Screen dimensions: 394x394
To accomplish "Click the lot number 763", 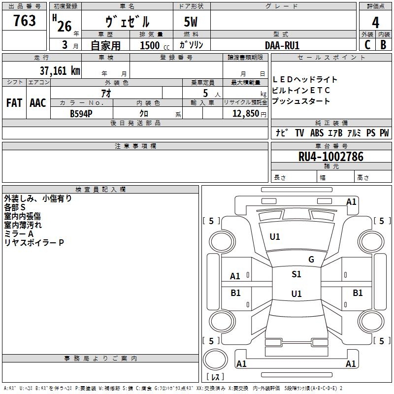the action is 24,20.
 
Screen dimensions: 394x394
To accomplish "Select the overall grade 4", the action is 375,23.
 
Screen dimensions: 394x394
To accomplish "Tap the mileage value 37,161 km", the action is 60,71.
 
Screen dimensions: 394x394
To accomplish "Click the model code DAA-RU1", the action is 282,45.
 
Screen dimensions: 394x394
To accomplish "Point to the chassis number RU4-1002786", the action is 331,157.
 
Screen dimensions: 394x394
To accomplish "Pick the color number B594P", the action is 81,114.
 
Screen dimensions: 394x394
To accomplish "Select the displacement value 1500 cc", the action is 155,45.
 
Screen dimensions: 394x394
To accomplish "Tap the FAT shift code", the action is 14,103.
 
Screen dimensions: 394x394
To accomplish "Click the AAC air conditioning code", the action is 38,103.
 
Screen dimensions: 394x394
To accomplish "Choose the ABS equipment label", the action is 317,133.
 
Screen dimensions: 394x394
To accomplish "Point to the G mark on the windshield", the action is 311,260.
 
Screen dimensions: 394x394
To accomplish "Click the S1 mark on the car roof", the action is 296,274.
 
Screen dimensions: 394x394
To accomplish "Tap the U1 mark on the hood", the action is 275,237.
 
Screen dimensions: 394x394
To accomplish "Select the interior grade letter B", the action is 383,45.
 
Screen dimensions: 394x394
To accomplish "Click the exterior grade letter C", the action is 367,45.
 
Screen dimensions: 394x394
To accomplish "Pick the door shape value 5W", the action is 191,22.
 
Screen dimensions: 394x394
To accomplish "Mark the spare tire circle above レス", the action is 215,360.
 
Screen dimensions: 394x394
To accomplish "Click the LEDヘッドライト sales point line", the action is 304,80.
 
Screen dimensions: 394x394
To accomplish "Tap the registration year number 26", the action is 65,27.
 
